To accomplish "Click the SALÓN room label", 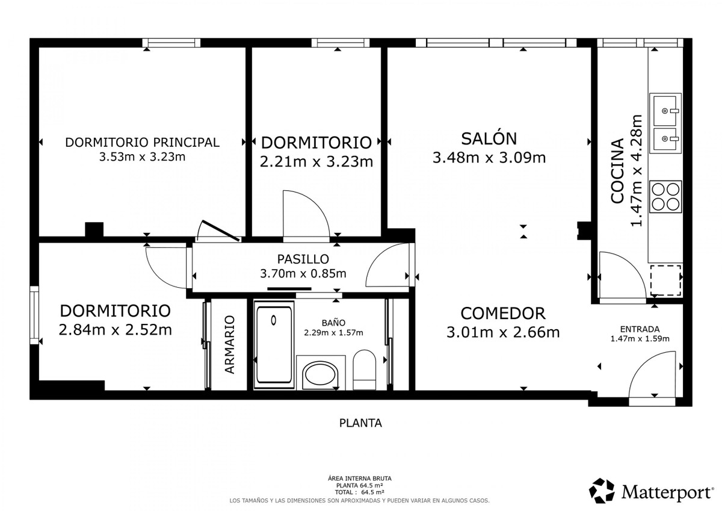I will tap(489, 138).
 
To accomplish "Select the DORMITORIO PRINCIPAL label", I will tap(142, 143).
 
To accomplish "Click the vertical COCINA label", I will tap(617, 171).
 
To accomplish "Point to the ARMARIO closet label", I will tap(229, 345).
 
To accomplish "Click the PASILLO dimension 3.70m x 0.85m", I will tap(303, 274).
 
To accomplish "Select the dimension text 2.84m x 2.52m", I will tap(115, 330).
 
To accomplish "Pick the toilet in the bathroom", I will tap(364, 370).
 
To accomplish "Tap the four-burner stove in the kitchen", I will tap(666, 197).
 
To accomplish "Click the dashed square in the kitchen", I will tap(665, 280).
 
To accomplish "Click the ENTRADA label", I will tap(640, 329).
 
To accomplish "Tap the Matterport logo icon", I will tap(602, 491).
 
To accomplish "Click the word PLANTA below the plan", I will tap(360, 423).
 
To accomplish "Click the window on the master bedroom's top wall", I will tap(171, 43).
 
